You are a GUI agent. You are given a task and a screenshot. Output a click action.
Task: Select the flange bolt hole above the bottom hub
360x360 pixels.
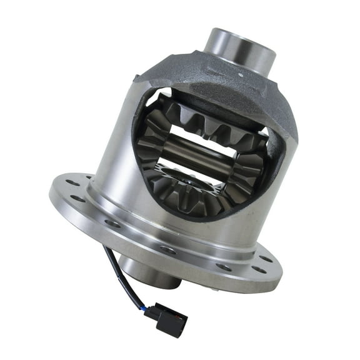pyautogui.click(x=167, y=249)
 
